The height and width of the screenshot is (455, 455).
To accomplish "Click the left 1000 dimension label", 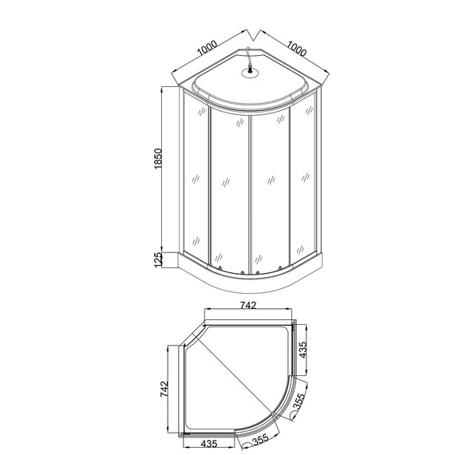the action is (208, 48).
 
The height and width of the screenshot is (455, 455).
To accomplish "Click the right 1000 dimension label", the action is (296, 49).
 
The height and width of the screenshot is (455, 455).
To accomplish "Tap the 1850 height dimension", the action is (157, 159).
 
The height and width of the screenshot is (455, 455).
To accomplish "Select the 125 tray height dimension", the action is (157, 259).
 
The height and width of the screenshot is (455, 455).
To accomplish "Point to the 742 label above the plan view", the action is (248, 305).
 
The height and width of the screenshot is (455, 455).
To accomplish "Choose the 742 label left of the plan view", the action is (164, 389).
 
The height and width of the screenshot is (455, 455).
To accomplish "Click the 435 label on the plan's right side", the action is (303, 350).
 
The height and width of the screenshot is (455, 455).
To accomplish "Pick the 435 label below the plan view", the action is (209, 443).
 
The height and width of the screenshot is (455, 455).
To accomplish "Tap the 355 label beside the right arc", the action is (299, 402).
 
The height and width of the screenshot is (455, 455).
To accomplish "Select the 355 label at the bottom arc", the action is (260, 441).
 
